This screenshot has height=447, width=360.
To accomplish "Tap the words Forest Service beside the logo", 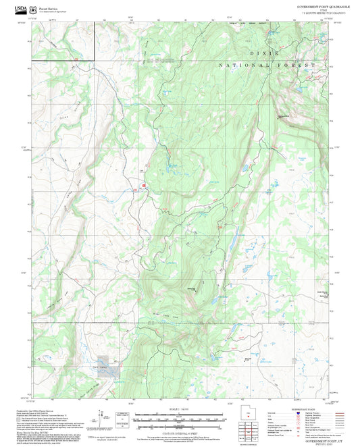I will pos(47,7).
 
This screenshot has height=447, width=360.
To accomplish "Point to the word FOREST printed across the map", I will pos(299,65).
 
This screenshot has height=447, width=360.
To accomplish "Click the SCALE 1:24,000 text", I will pos(179,409).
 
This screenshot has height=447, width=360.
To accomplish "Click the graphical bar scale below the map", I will pos(179,415).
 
